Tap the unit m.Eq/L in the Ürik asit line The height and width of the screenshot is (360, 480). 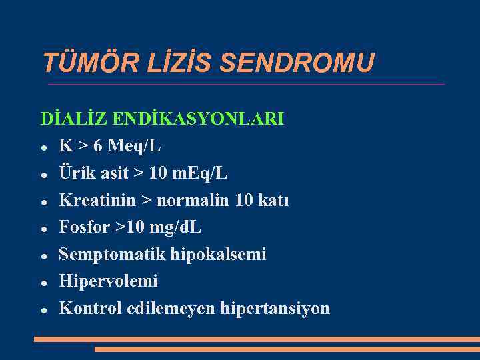tap(200, 173)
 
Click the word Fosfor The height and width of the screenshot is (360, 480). tap(83, 227)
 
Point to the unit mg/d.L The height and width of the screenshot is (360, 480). tap(175, 227)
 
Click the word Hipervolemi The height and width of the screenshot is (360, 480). tap(108, 281)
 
